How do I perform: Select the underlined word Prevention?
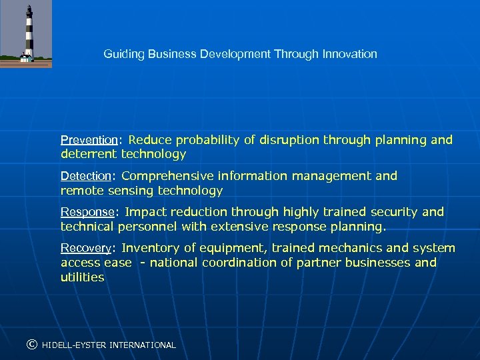coord(89,141)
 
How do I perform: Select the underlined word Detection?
coord(85,177)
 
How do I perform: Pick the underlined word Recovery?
coord(85,249)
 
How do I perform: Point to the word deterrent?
coord(88,155)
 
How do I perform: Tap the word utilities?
coord(83,277)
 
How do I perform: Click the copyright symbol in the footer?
coord(31,345)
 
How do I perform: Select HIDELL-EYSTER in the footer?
coord(74,345)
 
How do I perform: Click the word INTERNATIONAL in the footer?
coord(143,345)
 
